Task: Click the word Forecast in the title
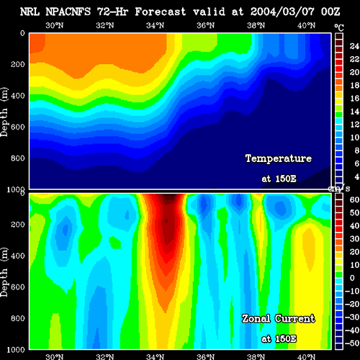tap(161, 12)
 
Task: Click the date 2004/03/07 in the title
tap(282, 12)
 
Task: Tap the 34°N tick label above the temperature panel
tap(156, 25)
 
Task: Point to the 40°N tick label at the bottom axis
tap(307, 357)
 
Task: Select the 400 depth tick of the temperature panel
tap(18, 96)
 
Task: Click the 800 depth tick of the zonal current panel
tap(18, 318)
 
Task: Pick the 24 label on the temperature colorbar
tap(354, 46)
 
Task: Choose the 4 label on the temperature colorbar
tap(357, 177)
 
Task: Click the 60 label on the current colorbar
tap(354, 199)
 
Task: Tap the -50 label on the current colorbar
tap(352, 343)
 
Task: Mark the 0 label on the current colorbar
tap(352, 278)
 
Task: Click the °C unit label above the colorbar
tap(339, 28)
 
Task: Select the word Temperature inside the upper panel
tap(279, 158)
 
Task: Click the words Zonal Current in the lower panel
tap(279, 319)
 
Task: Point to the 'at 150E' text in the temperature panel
tap(279, 179)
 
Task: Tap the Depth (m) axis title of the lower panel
tap(4, 272)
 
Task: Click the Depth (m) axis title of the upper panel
tap(4, 112)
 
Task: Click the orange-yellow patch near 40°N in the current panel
tap(308, 250)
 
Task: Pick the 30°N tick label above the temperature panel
tap(55, 25)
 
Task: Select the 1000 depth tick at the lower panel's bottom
tap(16, 350)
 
